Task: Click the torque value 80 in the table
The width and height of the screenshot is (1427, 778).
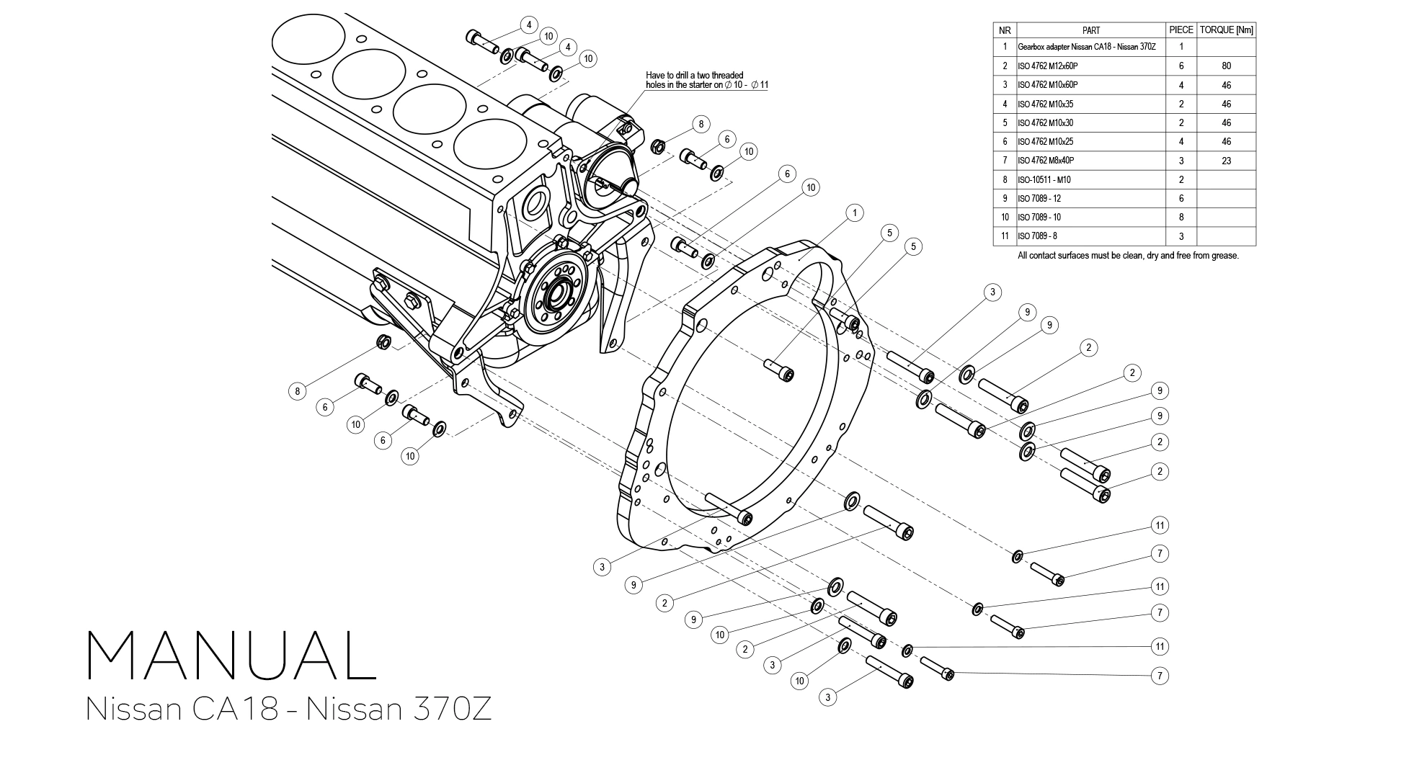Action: [1226, 66]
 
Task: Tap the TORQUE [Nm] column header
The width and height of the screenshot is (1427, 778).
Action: [1226, 30]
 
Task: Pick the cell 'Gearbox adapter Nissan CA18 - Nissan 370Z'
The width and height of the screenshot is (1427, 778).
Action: [1086, 47]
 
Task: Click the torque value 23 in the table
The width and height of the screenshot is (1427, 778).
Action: [1226, 161]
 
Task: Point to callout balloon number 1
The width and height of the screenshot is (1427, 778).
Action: [854, 213]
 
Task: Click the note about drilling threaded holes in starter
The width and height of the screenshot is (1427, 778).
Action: [706, 80]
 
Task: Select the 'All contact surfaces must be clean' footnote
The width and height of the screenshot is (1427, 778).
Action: [1127, 256]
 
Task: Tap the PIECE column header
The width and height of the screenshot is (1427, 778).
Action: [1181, 30]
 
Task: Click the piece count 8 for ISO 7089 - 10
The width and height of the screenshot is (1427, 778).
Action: [1181, 218]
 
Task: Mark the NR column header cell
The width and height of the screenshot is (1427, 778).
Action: [1005, 30]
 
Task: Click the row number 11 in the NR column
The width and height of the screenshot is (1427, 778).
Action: [1005, 236]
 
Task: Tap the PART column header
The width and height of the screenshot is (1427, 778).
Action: [1090, 30]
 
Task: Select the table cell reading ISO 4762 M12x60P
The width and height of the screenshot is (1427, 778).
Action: [1047, 66]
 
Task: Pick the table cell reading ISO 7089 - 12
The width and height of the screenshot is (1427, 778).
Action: [1039, 199]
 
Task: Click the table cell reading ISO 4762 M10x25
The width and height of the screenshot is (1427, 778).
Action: [1045, 142]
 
